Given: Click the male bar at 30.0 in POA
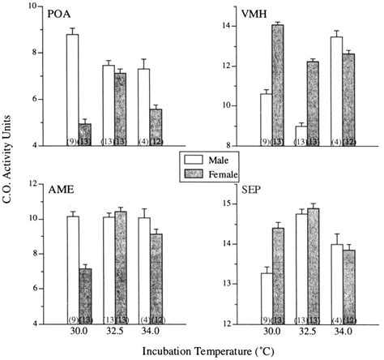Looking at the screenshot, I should click(x=72, y=90).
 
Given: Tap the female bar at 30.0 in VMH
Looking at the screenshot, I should click(x=278, y=85).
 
